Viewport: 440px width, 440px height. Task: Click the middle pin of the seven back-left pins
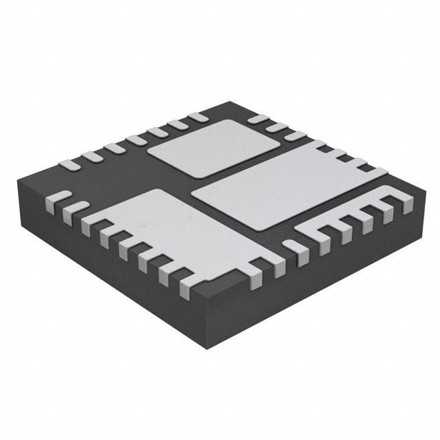pyautogui.click(x=135, y=140)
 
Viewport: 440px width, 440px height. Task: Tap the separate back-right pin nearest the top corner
pyautogui.click(x=257, y=119)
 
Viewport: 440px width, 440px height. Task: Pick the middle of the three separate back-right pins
pyautogui.click(x=277, y=127)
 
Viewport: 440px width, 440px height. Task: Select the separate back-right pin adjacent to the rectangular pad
pyautogui.click(x=296, y=135)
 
